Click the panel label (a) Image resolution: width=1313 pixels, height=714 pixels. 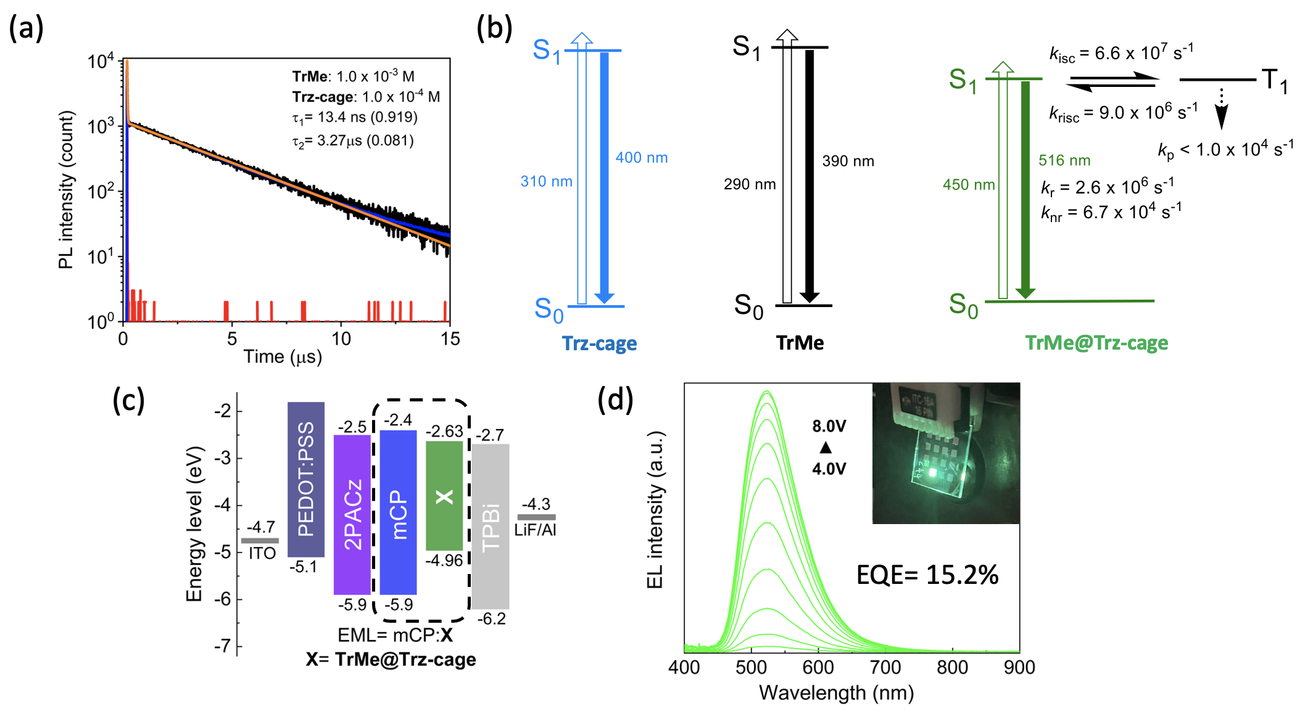coord(26,28)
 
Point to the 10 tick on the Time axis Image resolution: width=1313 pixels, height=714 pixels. coord(341,338)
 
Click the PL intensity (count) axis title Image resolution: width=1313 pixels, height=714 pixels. coord(66,190)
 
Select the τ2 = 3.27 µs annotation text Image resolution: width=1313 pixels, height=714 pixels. coord(353,141)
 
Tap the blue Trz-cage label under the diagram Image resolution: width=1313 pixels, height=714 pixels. coord(599,343)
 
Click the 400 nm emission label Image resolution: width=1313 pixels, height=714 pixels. coord(641,158)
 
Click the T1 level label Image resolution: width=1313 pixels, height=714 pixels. coord(1275,81)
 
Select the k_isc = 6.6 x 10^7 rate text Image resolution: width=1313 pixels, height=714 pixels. coord(1121,53)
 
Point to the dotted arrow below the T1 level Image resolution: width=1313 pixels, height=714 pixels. coord(1221,108)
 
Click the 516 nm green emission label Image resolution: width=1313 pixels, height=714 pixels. coord(1064,160)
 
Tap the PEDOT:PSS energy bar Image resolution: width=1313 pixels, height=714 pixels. coord(306,479)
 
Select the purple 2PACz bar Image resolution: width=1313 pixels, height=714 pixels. coord(352,514)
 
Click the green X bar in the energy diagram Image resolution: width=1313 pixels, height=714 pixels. coord(444,496)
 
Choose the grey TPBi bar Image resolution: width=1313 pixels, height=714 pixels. coord(491,526)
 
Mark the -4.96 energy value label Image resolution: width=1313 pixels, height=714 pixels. coord(444,560)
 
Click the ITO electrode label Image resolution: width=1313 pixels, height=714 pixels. coord(262,553)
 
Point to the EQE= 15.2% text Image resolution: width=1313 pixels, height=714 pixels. coord(927,575)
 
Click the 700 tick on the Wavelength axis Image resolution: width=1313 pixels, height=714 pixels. coord(885,667)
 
